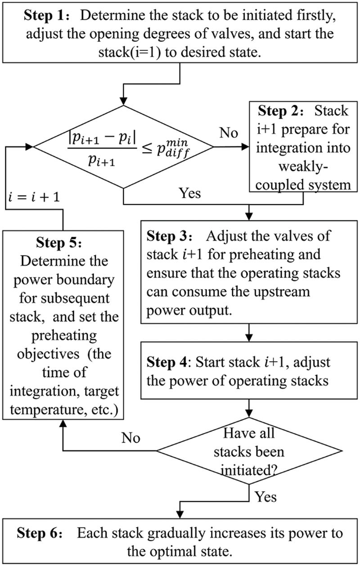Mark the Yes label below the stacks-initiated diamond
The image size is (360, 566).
coord(265,497)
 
